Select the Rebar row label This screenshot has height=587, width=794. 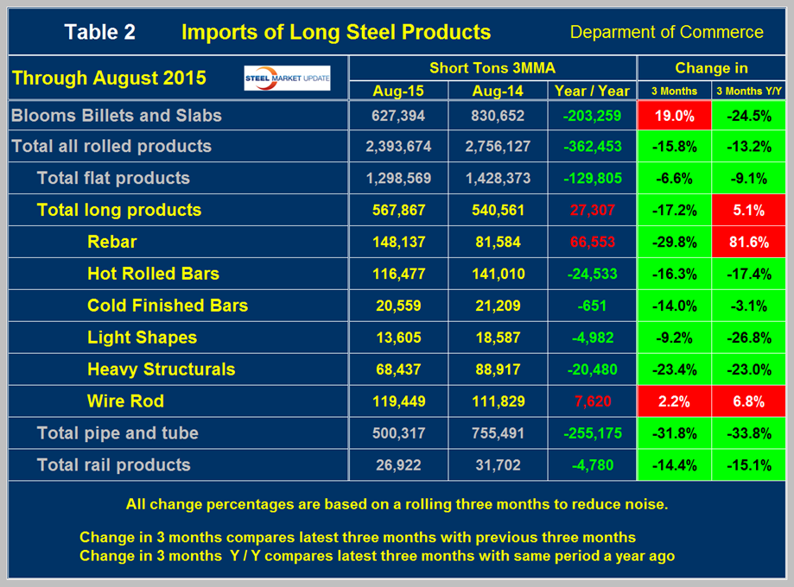111,242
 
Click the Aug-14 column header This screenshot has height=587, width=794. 493,90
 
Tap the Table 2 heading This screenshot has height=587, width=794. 100,33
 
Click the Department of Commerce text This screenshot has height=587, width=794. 666,33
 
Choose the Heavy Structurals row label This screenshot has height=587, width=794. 161,369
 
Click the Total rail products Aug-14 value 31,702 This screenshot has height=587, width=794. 493,464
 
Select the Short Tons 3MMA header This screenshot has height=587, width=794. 492,67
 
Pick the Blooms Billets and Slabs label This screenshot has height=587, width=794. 117,115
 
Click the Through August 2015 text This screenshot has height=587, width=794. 109,78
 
